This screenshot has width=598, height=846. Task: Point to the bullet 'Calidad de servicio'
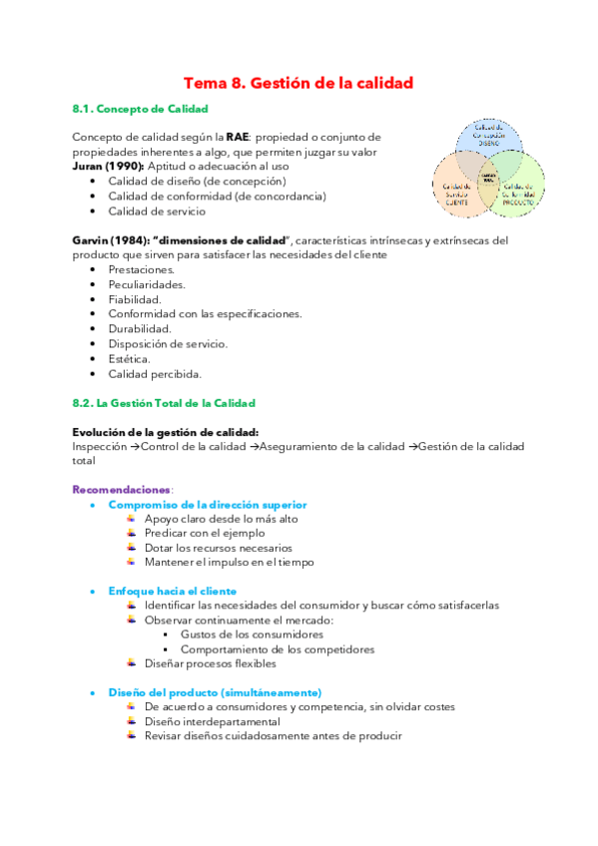157,211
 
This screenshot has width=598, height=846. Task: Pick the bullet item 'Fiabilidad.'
135,299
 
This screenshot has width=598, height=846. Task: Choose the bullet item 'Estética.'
130,359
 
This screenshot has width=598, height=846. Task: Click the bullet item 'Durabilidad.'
140,329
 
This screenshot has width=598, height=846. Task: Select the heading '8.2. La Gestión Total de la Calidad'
164,403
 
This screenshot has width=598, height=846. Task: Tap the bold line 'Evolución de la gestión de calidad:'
166,432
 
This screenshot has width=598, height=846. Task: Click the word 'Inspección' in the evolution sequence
100,447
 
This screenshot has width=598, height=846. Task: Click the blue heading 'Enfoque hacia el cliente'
172,591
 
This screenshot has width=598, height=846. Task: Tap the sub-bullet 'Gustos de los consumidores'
252,634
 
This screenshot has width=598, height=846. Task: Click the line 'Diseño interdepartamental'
212,721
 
